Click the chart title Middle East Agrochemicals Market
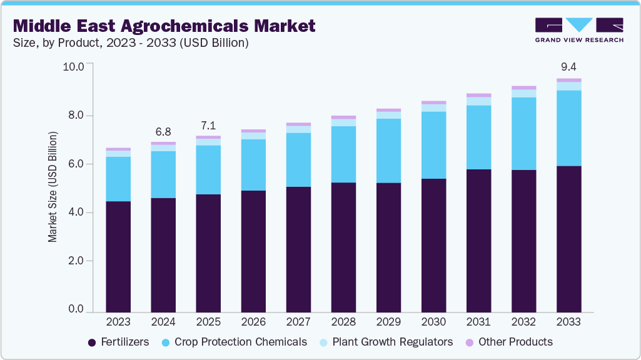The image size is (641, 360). click(164, 26)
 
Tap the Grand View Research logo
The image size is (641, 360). click(579, 30)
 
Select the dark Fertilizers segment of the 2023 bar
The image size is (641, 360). click(118, 256)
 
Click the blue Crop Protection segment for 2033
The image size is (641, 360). click(568, 128)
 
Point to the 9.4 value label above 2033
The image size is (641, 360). click(568, 67)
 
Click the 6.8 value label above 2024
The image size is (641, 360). click(163, 132)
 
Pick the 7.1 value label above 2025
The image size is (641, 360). click(208, 126)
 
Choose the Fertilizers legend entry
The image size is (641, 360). click(118, 342)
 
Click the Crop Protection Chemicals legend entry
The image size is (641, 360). click(235, 342)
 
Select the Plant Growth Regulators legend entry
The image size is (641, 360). click(386, 342)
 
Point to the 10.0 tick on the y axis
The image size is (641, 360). click(73, 67)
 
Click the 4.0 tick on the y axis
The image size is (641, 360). click(76, 212)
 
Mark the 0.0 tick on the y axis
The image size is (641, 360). click(76, 309)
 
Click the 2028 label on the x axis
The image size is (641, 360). click(343, 322)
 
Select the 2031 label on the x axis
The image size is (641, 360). click(478, 322)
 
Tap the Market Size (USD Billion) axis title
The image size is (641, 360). click(53, 187)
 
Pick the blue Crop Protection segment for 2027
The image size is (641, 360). click(298, 159)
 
